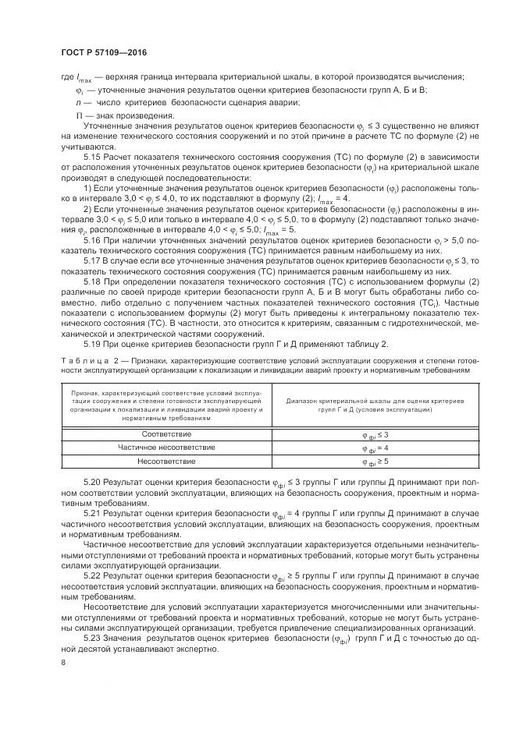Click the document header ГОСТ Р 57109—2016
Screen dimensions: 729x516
104,52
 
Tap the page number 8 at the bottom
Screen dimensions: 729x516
63,663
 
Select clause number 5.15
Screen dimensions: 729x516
94,157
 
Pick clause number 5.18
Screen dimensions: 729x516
94,303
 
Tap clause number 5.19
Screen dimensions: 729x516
94,345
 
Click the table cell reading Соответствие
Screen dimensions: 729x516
165,434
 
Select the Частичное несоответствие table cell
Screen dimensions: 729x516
165,448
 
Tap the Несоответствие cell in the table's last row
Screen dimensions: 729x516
165,462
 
